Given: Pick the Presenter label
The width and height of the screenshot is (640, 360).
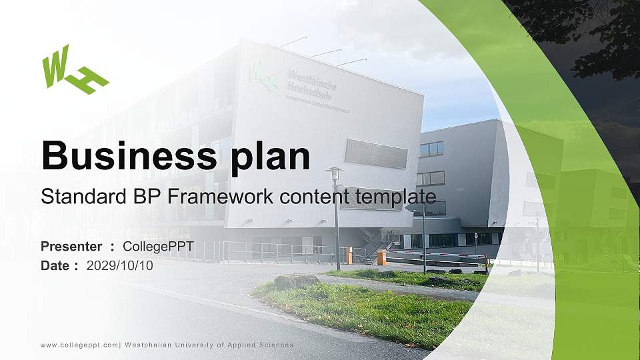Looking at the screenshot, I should pos(71,247).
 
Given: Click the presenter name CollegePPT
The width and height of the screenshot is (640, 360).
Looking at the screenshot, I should pos(158,247).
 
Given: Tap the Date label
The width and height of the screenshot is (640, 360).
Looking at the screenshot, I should pos(55,265).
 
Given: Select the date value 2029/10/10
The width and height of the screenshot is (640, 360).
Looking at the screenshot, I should pos(120,265).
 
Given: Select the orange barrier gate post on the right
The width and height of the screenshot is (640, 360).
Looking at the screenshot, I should pos(381,257).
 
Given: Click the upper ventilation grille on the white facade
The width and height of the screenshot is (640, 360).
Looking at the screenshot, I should pos(376,155).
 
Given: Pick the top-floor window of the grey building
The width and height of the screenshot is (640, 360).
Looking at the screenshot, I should pos(431,149).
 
